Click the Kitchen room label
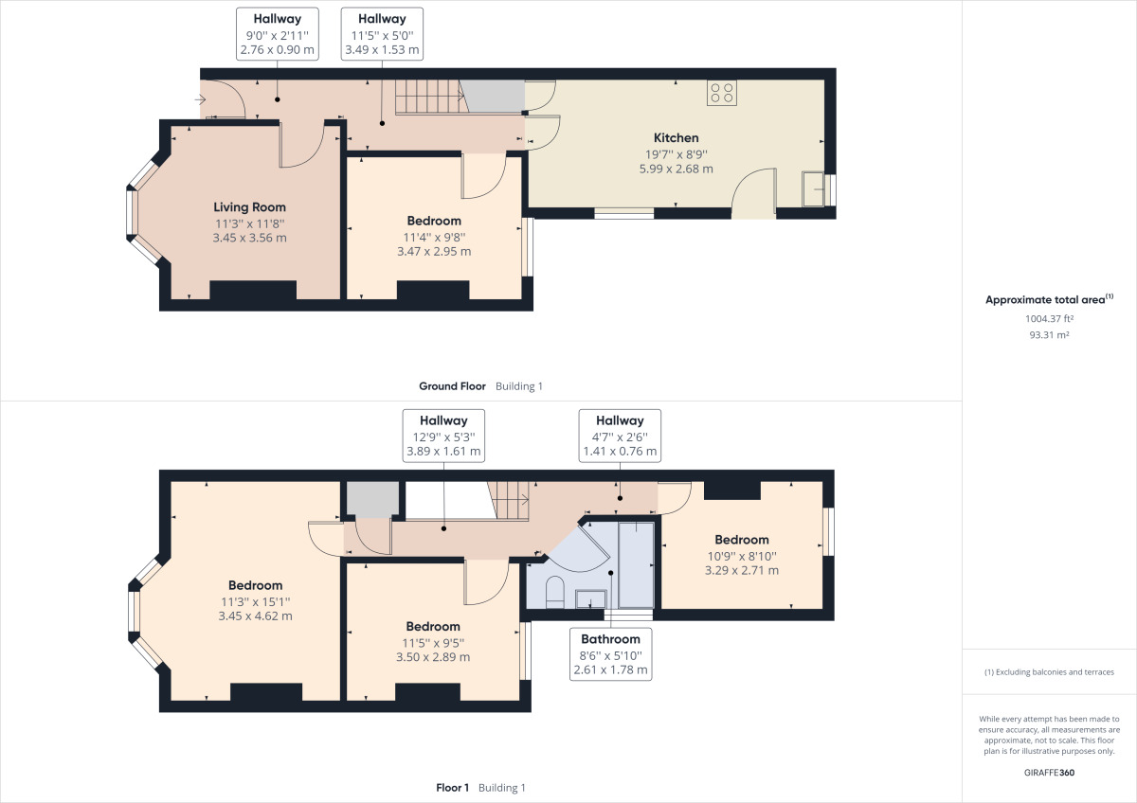[x=676, y=137]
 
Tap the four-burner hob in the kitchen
[x=721, y=93]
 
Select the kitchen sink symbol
[x=813, y=189]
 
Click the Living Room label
[x=249, y=207]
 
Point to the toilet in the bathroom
[x=555, y=592]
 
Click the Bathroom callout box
[x=610, y=654]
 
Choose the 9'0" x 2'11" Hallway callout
[x=277, y=34]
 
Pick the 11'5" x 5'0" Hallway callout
[x=382, y=34]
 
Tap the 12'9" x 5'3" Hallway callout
[x=443, y=436]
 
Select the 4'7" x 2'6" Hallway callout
[x=620, y=436]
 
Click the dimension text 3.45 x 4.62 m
[x=255, y=616]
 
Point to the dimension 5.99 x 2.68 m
[x=677, y=169]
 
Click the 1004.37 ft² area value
[x=1049, y=318]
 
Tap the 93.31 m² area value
[x=1049, y=335]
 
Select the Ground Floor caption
[x=452, y=386]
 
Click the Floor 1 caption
[x=453, y=787]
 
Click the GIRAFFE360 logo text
[x=1049, y=773]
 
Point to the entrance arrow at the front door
[x=200, y=99]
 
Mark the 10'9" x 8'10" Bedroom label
[x=742, y=540]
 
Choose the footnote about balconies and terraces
[x=1049, y=672]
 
